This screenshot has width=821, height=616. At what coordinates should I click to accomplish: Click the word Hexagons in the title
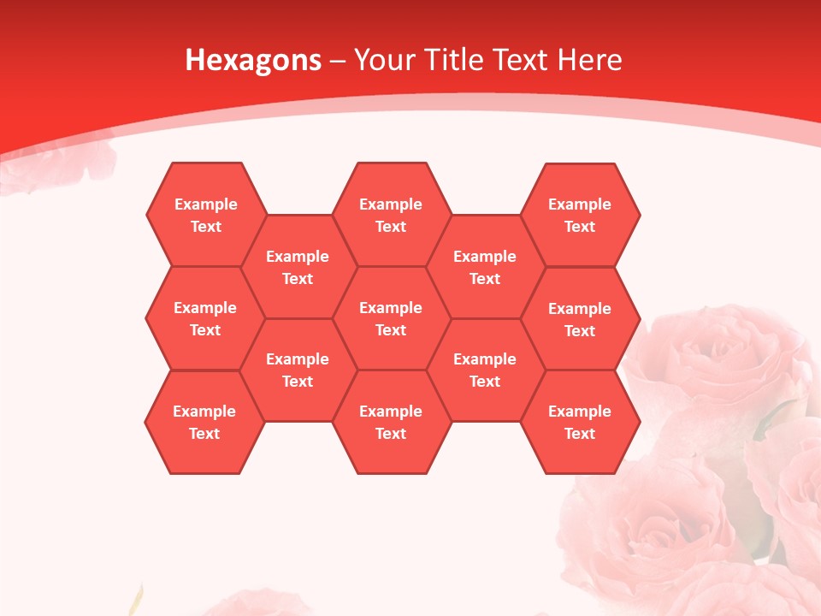pyautogui.click(x=253, y=60)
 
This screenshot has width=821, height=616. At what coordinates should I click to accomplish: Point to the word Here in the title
pyautogui.click(x=589, y=60)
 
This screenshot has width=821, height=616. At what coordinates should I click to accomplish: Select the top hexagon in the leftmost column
pyautogui.click(x=205, y=215)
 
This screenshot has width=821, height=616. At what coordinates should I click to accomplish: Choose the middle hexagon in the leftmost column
pyautogui.click(x=205, y=318)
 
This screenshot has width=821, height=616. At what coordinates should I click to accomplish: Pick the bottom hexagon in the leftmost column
pyautogui.click(x=204, y=422)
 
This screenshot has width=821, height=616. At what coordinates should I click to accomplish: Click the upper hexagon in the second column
pyautogui.click(x=298, y=267)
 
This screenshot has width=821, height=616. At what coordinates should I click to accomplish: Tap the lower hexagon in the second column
pyautogui.click(x=298, y=370)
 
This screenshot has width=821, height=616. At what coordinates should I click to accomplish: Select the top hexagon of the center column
pyautogui.click(x=391, y=215)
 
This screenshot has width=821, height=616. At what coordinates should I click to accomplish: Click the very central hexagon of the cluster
pyautogui.click(x=391, y=318)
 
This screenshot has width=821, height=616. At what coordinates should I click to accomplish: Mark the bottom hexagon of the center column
pyautogui.click(x=391, y=422)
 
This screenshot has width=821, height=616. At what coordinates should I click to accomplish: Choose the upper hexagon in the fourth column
pyautogui.click(x=485, y=267)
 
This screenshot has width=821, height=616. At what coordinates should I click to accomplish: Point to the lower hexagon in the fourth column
pyautogui.click(x=485, y=370)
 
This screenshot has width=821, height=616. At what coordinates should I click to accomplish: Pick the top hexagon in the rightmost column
pyautogui.click(x=580, y=215)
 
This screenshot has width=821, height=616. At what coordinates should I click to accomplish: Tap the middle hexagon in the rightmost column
pyautogui.click(x=580, y=319)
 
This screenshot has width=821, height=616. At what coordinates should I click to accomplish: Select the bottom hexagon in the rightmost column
pyautogui.click(x=580, y=422)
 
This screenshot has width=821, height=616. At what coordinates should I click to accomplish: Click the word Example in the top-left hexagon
pyautogui.click(x=205, y=204)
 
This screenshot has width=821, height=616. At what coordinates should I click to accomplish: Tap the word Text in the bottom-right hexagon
pyautogui.click(x=580, y=434)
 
